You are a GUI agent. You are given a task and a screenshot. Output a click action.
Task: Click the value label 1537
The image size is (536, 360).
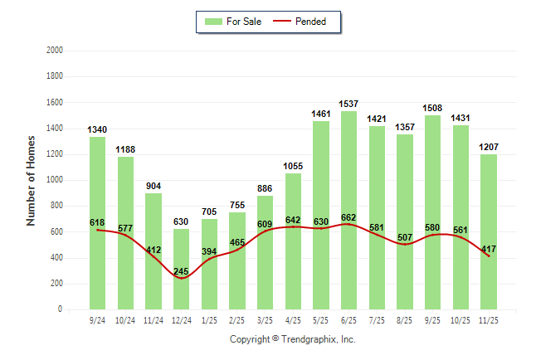pyautogui.click(x=348, y=104)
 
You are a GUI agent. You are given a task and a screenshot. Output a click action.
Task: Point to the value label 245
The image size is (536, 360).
pyautogui.click(x=181, y=271)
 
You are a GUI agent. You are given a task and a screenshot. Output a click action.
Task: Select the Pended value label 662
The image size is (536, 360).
pyautogui.click(x=348, y=216)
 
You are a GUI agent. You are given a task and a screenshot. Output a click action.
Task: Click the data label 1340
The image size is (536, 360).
pyautogui.click(x=97, y=129)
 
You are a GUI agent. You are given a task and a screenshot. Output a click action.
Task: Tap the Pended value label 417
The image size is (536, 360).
pyautogui.click(x=488, y=248)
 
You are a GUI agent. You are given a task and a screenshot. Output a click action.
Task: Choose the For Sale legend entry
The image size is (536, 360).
pyautogui.click(x=236, y=22)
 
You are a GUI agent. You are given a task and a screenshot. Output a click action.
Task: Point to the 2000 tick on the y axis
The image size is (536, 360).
pyautogui.click(x=56, y=51)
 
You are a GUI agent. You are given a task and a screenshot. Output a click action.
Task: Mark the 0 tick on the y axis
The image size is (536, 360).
pyautogui.click(x=60, y=309)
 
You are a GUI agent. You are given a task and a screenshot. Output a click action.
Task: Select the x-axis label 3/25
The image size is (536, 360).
pyautogui.click(x=265, y=319)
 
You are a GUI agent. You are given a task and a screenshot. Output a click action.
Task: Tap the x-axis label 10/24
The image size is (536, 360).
pyautogui.click(x=125, y=319)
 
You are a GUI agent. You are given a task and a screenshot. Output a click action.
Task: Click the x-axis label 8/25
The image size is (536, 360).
pyautogui.click(x=404, y=319)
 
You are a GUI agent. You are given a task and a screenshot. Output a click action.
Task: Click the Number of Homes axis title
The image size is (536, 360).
pyautogui.click(x=31, y=180)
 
